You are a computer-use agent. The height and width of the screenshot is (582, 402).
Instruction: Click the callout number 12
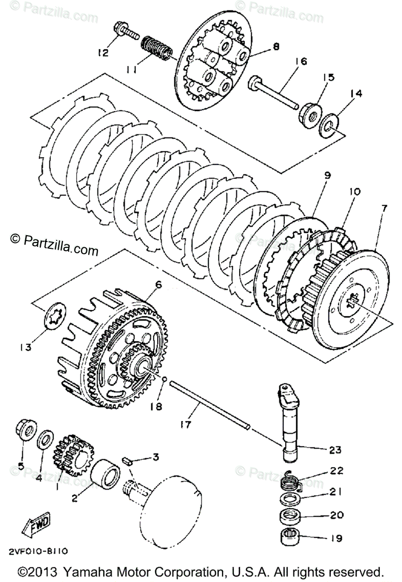tap(102, 53)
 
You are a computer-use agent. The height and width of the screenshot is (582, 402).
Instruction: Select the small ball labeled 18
tap(165, 379)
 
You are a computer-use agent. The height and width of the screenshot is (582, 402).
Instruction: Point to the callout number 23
tap(335, 450)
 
